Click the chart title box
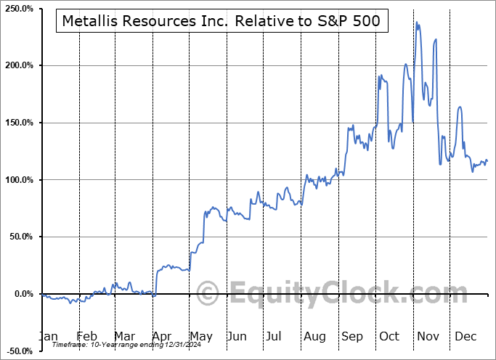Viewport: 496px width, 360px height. tap(221, 22)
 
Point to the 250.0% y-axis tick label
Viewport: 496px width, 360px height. tap(20, 8)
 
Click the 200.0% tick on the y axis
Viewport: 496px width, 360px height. tap(20, 65)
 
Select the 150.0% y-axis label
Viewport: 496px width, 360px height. tap(20, 123)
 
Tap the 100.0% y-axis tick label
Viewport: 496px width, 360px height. tap(20, 180)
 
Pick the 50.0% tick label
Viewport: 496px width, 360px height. tap(21, 237)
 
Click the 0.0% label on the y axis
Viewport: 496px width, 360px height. tap(23, 294)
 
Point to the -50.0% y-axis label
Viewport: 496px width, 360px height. tap(20, 351)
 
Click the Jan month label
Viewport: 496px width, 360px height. tap(48, 336)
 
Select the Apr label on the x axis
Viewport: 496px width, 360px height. tap(162, 336)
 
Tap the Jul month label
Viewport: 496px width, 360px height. tap(275, 336)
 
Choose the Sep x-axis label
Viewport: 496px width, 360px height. tap(352, 336)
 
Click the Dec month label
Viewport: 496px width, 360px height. tap(465, 336)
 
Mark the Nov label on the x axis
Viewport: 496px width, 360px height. tap(429, 336)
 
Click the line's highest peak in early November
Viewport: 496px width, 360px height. tap(417, 22)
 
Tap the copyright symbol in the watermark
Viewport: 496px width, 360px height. tap(208, 292)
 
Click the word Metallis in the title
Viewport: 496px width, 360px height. tap(89, 22)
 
